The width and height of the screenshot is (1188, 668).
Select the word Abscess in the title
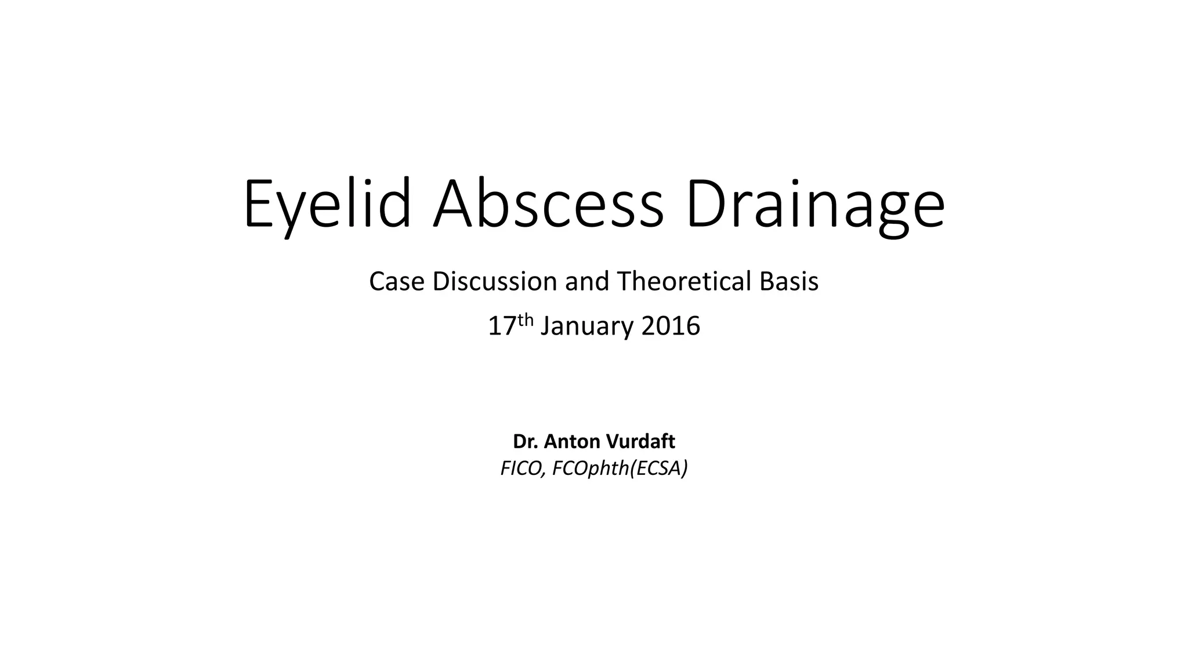[548, 205]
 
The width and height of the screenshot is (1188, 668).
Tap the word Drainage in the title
[815, 205]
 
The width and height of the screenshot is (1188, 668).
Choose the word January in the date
[588, 326]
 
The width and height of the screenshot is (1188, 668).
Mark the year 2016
[671, 326]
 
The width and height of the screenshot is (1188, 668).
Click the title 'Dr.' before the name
[525, 442]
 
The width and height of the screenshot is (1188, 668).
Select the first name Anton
[573, 442]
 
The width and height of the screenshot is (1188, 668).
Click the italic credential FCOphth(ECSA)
[620, 468]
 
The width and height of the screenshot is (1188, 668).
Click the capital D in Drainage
[705, 205]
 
